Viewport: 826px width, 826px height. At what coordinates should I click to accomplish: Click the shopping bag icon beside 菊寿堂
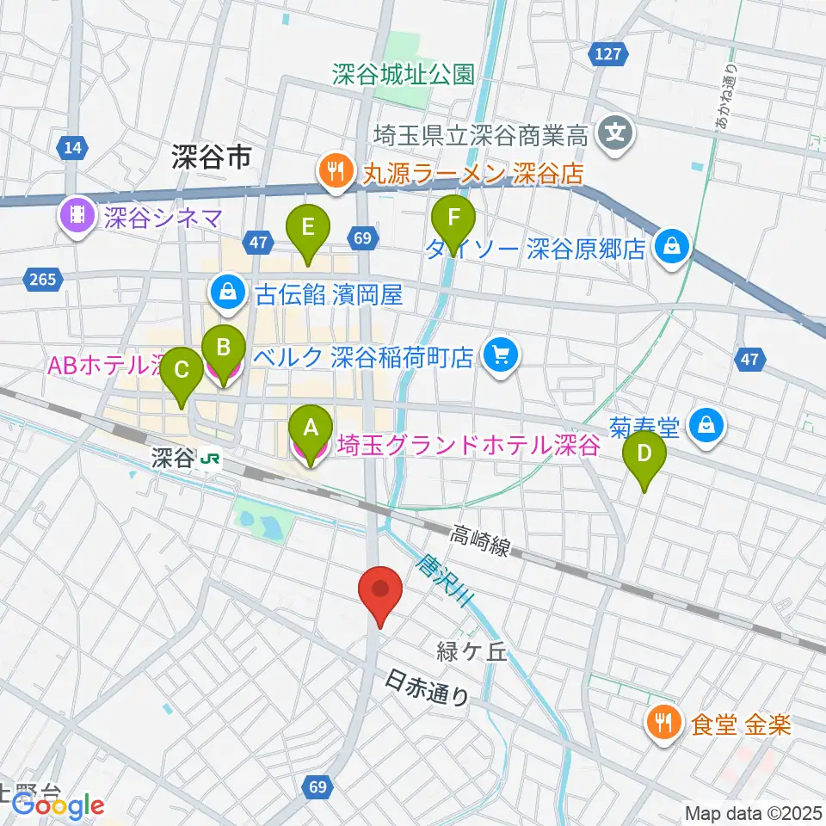pos(706,424)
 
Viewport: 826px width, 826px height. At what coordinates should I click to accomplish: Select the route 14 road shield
pos(75,149)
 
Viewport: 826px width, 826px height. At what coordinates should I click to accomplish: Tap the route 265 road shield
pos(45,279)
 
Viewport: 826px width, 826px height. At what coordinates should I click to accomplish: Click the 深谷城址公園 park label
pos(404,75)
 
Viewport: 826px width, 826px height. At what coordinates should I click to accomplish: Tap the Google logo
pos(57,804)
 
